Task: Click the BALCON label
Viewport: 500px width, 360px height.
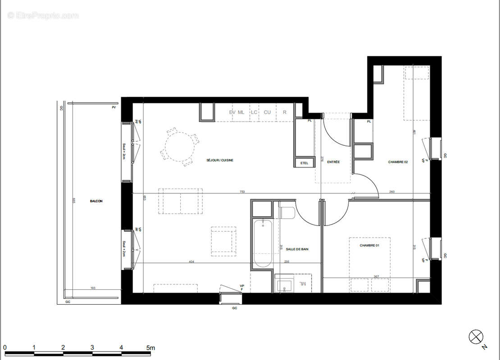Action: pyautogui.click(x=96, y=201)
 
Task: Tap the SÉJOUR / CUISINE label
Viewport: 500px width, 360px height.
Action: pyautogui.click(x=220, y=160)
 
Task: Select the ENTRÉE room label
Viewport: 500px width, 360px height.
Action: pyautogui.click(x=333, y=162)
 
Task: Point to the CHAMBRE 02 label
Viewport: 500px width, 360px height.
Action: pyautogui.click(x=398, y=162)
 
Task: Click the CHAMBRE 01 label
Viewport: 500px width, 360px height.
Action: pyautogui.click(x=369, y=245)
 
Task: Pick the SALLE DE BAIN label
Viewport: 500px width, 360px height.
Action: pyautogui.click(x=297, y=249)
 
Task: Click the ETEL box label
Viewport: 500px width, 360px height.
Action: pyautogui.click(x=305, y=163)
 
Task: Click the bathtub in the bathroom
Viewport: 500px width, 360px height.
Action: pyautogui.click(x=262, y=243)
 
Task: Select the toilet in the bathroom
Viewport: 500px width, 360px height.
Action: pyautogui.click(x=286, y=211)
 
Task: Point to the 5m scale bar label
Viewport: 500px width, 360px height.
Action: pyautogui.click(x=150, y=347)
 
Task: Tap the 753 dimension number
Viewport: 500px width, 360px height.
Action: pyautogui.click(x=242, y=192)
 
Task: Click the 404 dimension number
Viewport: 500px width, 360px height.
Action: pyautogui.click(x=191, y=261)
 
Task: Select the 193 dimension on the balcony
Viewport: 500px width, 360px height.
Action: pyautogui.click(x=93, y=288)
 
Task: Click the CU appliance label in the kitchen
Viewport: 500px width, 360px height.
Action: pyautogui.click(x=267, y=112)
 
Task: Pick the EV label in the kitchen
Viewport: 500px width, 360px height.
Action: pyautogui.click(x=232, y=112)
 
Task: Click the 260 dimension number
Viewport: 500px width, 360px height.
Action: pyautogui.click(x=391, y=192)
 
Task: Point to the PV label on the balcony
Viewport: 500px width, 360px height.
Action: pyautogui.click(x=114, y=108)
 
